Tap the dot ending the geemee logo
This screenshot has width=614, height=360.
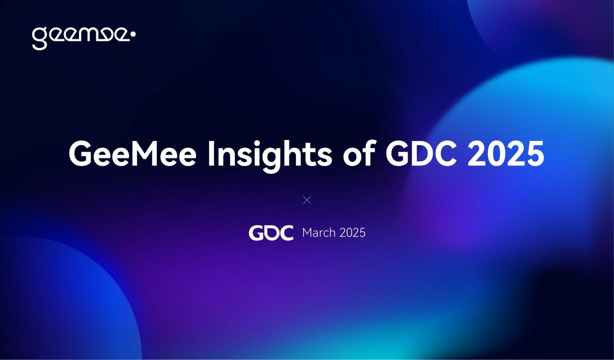coord(133,34)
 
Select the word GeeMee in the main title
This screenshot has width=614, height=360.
coord(132,154)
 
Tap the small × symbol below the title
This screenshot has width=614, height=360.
coord(307,200)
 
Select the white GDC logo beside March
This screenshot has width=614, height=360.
coord(271,233)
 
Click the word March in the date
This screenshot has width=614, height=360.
coord(319,233)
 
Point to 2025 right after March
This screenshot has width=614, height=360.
coord(353,233)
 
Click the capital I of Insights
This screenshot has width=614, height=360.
coord(211,154)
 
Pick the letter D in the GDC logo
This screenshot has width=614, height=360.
coord(271,233)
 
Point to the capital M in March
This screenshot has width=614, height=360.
coord(307,233)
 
